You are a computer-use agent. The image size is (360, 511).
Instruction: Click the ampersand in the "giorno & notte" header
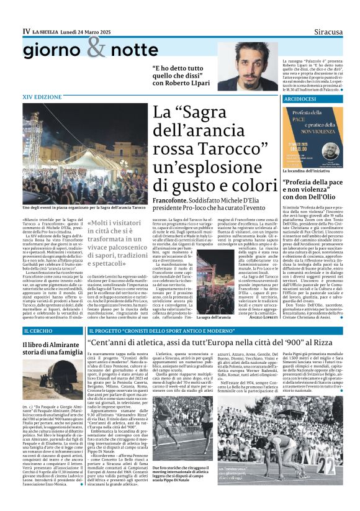click(96, 47)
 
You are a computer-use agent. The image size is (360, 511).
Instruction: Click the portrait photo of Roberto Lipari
click(248, 66)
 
